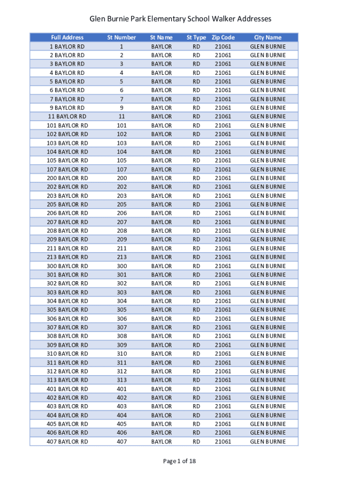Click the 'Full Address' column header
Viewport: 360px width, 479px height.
coord(67,37)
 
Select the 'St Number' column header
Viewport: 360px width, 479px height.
coord(122,37)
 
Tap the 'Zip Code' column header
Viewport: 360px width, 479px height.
coord(223,37)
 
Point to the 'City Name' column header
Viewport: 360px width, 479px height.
coord(268,37)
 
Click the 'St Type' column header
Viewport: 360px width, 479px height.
coord(196,37)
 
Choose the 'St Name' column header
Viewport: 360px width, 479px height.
coord(161,37)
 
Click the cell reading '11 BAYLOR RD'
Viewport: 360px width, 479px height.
coord(67,116)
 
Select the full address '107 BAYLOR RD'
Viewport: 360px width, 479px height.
coord(67,169)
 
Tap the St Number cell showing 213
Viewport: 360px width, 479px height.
coord(122,257)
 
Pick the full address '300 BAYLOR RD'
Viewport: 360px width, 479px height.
coord(67,266)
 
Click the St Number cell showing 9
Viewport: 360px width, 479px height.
coord(122,108)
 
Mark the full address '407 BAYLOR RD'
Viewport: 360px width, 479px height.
coord(67,442)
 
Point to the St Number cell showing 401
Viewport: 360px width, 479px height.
coord(122,389)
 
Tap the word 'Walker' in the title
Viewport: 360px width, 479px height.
coord(221,19)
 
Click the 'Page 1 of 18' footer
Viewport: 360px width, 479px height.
coord(180,461)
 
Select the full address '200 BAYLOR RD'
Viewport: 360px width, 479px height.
coord(67,178)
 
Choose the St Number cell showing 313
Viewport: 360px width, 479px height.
coord(122,380)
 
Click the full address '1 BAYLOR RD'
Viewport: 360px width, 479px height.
coord(67,46)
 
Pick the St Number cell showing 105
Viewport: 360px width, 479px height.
coord(122,160)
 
